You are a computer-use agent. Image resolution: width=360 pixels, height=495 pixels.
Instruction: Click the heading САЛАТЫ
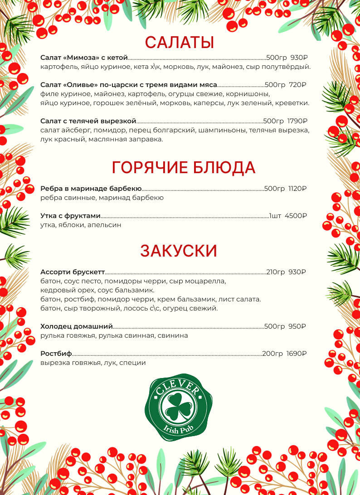tap(180, 43)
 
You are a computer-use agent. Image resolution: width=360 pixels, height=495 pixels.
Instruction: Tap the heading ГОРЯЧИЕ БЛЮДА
tap(184, 167)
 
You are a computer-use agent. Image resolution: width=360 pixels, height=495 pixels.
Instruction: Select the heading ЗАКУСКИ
tap(179, 251)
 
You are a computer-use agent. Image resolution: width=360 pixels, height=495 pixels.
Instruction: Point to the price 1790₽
tap(297, 121)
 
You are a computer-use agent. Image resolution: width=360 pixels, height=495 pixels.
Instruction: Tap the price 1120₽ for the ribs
tap(297, 189)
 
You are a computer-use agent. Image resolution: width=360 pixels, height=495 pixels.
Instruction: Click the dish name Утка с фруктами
tap(70, 216)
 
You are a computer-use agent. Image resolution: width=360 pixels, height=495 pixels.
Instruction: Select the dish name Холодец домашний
tap(76, 326)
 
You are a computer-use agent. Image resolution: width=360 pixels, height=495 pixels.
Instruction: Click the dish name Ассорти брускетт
tap(73, 272)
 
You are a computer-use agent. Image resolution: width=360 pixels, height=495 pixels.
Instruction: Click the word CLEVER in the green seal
tap(180, 388)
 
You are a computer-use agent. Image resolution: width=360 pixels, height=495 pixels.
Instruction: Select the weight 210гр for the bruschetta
tap(275, 272)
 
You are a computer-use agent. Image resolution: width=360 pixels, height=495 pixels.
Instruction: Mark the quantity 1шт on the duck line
tap(275, 216)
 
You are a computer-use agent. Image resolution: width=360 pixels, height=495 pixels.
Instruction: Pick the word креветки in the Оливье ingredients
tap(293, 103)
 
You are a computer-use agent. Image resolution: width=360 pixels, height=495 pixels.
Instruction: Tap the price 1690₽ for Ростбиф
tap(297, 354)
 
